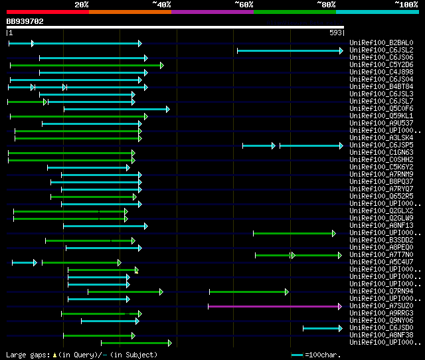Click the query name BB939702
point(25,21)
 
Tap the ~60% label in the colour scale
point(244,5)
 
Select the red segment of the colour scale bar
point(47,12)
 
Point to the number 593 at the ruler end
point(335,33)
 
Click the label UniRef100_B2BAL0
point(381,43)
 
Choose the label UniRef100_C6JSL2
point(381,50)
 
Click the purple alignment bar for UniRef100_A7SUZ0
point(274,306)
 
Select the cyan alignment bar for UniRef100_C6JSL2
point(290,50)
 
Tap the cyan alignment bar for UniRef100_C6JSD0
point(322,328)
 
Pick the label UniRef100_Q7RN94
point(381,292)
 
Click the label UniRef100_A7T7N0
point(381,255)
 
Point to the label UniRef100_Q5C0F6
point(381,109)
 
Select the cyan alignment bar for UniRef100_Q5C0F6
point(116,109)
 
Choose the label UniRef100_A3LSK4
point(381,138)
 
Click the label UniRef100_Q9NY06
point(381,321)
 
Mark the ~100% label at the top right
point(406,5)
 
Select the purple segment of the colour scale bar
point(212,12)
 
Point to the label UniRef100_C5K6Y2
point(381,167)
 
